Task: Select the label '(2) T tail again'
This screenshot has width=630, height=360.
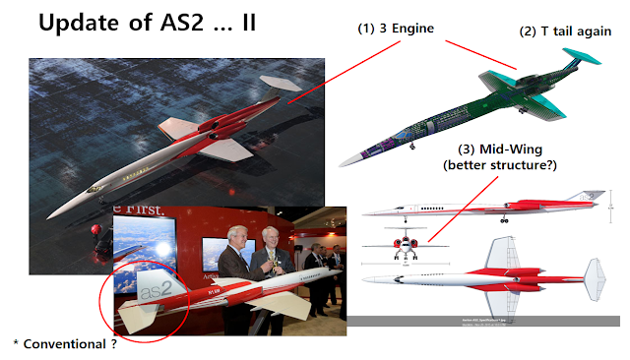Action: pos(565,31)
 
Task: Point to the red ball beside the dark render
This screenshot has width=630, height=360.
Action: pos(95,228)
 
